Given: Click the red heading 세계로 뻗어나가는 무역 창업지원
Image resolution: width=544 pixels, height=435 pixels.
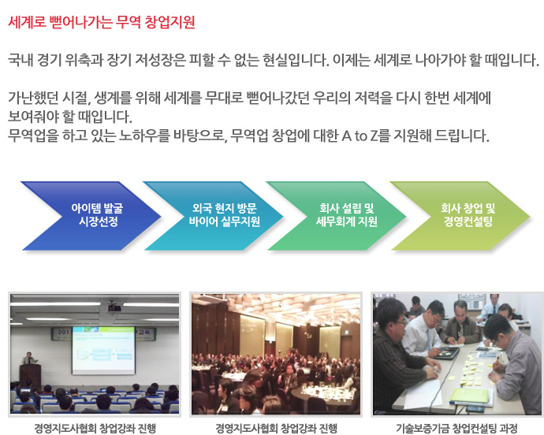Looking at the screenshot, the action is [101, 23].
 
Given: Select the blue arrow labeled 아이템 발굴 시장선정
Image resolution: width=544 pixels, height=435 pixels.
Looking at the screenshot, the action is [91, 216].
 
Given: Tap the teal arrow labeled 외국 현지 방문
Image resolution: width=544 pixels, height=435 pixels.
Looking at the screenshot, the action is [214, 216].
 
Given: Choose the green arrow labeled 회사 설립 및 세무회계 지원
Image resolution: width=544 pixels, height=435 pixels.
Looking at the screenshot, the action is [336, 216].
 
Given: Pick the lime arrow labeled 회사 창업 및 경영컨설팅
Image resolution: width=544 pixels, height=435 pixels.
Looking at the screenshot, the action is [460, 216].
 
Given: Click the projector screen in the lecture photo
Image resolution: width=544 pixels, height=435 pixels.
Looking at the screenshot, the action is [103, 351].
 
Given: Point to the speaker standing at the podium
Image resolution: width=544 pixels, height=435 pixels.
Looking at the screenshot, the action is [29, 359].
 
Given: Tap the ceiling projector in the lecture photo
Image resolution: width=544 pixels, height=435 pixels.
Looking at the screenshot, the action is [114, 307].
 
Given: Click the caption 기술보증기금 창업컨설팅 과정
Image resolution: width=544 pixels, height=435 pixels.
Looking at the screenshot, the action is [456, 429].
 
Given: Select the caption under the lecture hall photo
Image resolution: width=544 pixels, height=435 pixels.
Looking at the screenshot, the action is [95, 429].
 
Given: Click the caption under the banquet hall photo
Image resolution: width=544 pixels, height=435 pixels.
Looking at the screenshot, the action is [276, 429].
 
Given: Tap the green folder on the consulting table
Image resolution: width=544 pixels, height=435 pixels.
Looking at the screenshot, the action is [471, 396].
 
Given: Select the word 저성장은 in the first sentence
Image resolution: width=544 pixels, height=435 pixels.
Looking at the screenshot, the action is [160, 60].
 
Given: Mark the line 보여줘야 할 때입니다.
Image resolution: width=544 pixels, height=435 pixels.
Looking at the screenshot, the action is [70, 117].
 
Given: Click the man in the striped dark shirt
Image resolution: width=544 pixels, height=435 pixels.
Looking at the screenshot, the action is [399, 357].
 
